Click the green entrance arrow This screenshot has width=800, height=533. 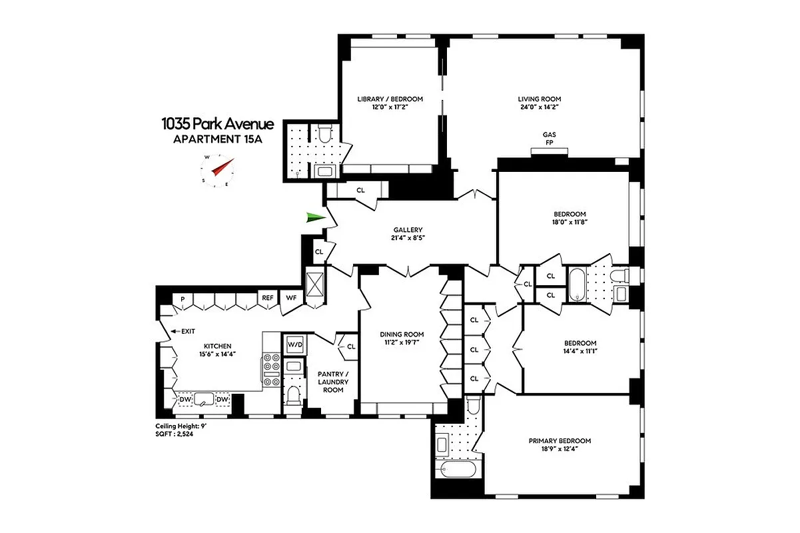pyautogui.click(x=315, y=217)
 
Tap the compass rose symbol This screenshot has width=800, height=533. pyautogui.click(x=218, y=171)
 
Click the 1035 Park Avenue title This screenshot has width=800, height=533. pyautogui.click(x=217, y=124)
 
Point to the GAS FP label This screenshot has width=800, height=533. pyautogui.click(x=550, y=138)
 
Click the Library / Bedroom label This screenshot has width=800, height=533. pyautogui.click(x=390, y=99)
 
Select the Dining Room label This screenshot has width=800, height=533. pyautogui.click(x=402, y=334)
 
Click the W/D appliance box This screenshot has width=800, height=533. pyautogui.click(x=294, y=344)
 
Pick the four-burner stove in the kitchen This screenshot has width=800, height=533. pyautogui.click(x=272, y=370)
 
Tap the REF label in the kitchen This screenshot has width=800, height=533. pyautogui.click(x=267, y=298)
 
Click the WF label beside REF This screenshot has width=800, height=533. pyautogui.click(x=291, y=298)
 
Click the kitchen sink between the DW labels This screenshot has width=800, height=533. pyautogui.click(x=203, y=399)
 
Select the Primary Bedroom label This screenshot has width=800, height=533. pyautogui.click(x=560, y=441)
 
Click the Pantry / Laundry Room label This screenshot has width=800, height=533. pyautogui.click(x=333, y=382)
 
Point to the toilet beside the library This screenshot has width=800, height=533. pyautogui.click(x=324, y=136)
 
